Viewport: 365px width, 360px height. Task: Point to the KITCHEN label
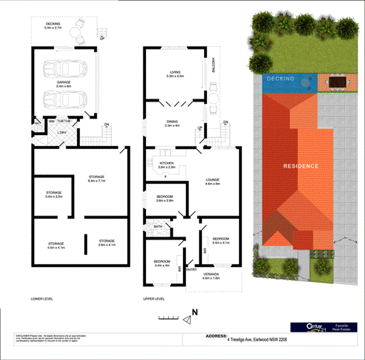[167, 163]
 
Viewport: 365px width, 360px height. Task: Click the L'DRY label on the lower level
[61, 133]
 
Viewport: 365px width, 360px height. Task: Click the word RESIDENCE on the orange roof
[301, 165]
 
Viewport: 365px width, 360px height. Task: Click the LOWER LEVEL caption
[42, 298]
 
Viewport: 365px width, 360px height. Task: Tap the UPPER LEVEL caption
[155, 298]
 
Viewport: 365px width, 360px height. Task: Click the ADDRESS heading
[217, 337]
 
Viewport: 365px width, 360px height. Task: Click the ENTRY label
[192, 269]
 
